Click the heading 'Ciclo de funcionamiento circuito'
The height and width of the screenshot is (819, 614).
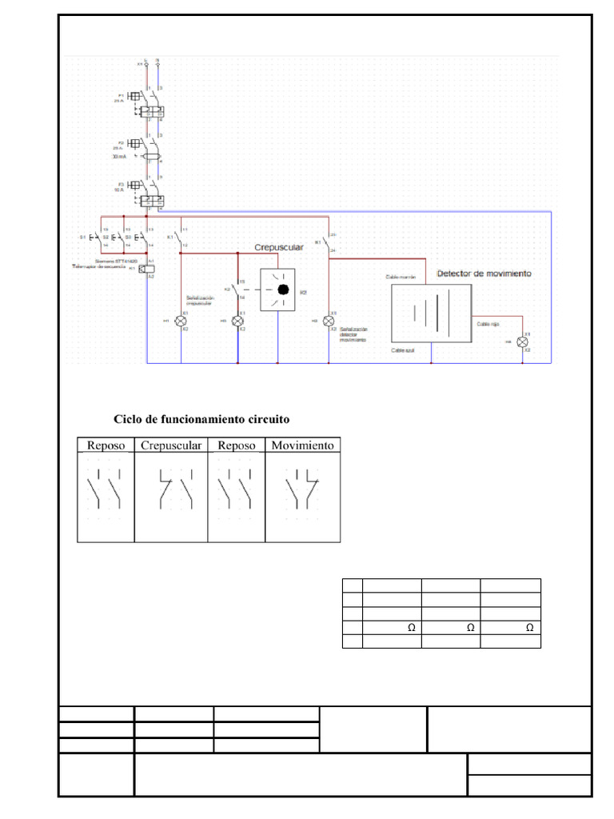pos(201,419)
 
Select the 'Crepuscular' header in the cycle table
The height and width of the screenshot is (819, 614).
pos(170,445)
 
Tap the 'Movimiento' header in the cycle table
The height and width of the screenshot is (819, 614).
pos(302,445)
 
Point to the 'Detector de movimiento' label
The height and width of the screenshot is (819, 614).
pos(484,274)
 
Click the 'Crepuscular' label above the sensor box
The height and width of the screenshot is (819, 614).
pos(279,248)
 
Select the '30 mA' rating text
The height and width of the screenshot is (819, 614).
pos(119,157)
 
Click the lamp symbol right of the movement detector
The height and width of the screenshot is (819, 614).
pos(523,342)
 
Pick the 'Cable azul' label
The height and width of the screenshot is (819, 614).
pos(403,350)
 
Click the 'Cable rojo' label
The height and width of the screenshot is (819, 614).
pos(488,324)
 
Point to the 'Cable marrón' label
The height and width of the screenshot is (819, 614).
pos(401,277)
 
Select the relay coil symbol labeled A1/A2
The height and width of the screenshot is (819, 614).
pos(146,268)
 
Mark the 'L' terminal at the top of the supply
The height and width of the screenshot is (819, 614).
pos(146,62)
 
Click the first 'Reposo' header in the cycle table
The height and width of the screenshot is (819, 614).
pos(106,445)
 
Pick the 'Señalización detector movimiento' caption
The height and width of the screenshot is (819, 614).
pos(354,334)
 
